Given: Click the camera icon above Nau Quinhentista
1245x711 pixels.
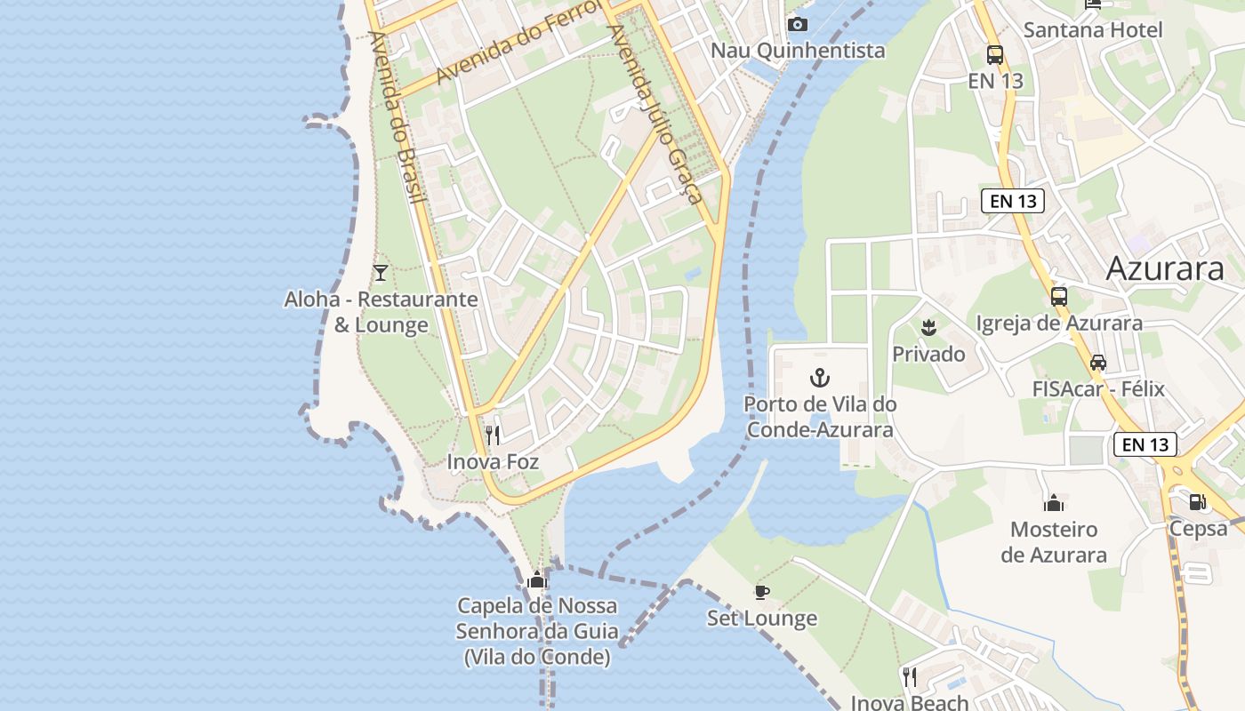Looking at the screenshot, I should (798, 24).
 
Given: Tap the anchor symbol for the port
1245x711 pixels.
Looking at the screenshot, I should (819, 379).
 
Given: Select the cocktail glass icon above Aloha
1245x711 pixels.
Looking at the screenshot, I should (381, 272).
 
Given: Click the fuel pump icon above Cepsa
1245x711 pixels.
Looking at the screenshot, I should (1198, 502).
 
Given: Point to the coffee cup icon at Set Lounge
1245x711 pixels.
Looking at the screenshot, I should (761, 592).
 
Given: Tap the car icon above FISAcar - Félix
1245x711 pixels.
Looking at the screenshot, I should (1098, 363).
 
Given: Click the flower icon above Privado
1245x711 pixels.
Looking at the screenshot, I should (928, 327).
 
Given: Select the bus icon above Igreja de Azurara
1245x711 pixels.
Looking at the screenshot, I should (1058, 297).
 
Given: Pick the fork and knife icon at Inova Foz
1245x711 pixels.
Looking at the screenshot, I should (493, 435).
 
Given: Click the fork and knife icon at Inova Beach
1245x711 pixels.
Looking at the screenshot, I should (909, 677).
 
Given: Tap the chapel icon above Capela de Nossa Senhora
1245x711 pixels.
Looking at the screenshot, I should (536, 581).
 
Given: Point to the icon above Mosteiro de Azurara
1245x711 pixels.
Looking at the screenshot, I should (1054, 504).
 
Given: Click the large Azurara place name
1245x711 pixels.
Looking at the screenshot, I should (1165, 268).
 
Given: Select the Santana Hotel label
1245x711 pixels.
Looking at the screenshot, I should (1093, 30).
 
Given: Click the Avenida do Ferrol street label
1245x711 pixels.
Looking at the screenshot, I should (508, 45).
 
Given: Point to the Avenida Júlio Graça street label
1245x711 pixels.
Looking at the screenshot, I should (655, 114).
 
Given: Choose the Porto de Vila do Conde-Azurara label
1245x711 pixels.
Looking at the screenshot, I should (820, 417).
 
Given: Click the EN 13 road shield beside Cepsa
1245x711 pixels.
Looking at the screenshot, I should (1145, 444).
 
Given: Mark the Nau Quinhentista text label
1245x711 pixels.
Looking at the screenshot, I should (798, 51).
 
